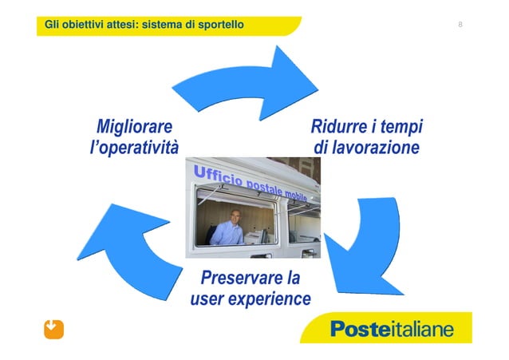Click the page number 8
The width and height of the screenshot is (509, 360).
tap(460, 26)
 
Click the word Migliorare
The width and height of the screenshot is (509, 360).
tap(133, 127)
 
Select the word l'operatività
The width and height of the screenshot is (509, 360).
tap(133, 148)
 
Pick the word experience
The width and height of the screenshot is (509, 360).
tap(269, 300)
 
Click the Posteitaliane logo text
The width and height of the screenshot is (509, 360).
tap(391, 329)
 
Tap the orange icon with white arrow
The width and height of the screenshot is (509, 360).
tap(53, 328)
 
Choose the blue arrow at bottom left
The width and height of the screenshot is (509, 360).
tap(136, 239)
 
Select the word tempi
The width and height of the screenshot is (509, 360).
tap(401, 127)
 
